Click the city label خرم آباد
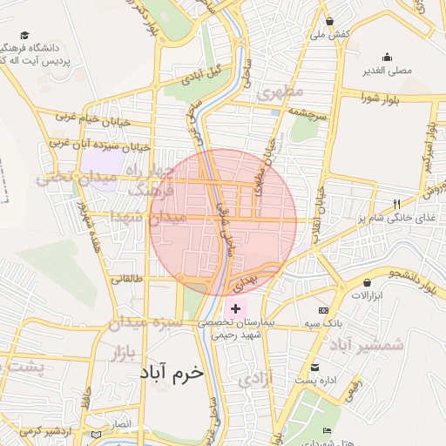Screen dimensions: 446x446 pyautogui.click(x=171, y=372)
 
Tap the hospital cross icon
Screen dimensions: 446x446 pyautogui.click(x=235, y=309)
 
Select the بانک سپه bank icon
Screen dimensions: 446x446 pyautogui.click(x=323, y=311)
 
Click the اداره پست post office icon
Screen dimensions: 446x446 pyautogui.click(x=314, y=368)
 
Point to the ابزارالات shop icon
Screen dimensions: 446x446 pyautogui.click(x=368, y=282)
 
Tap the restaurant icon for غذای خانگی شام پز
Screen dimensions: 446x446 pyautogui.click(x=397, y=204)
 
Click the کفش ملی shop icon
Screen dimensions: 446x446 pyautogui.click(x=329, y=22)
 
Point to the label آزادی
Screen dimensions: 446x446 pyautogui.click(x=255, y=379)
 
